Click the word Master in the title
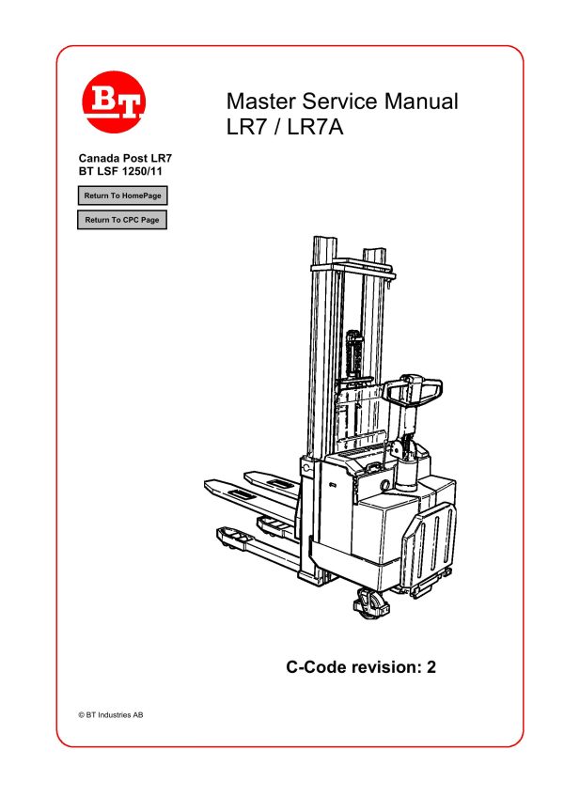[259, 102]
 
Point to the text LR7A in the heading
[317, 127]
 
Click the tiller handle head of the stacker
[414, 387]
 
